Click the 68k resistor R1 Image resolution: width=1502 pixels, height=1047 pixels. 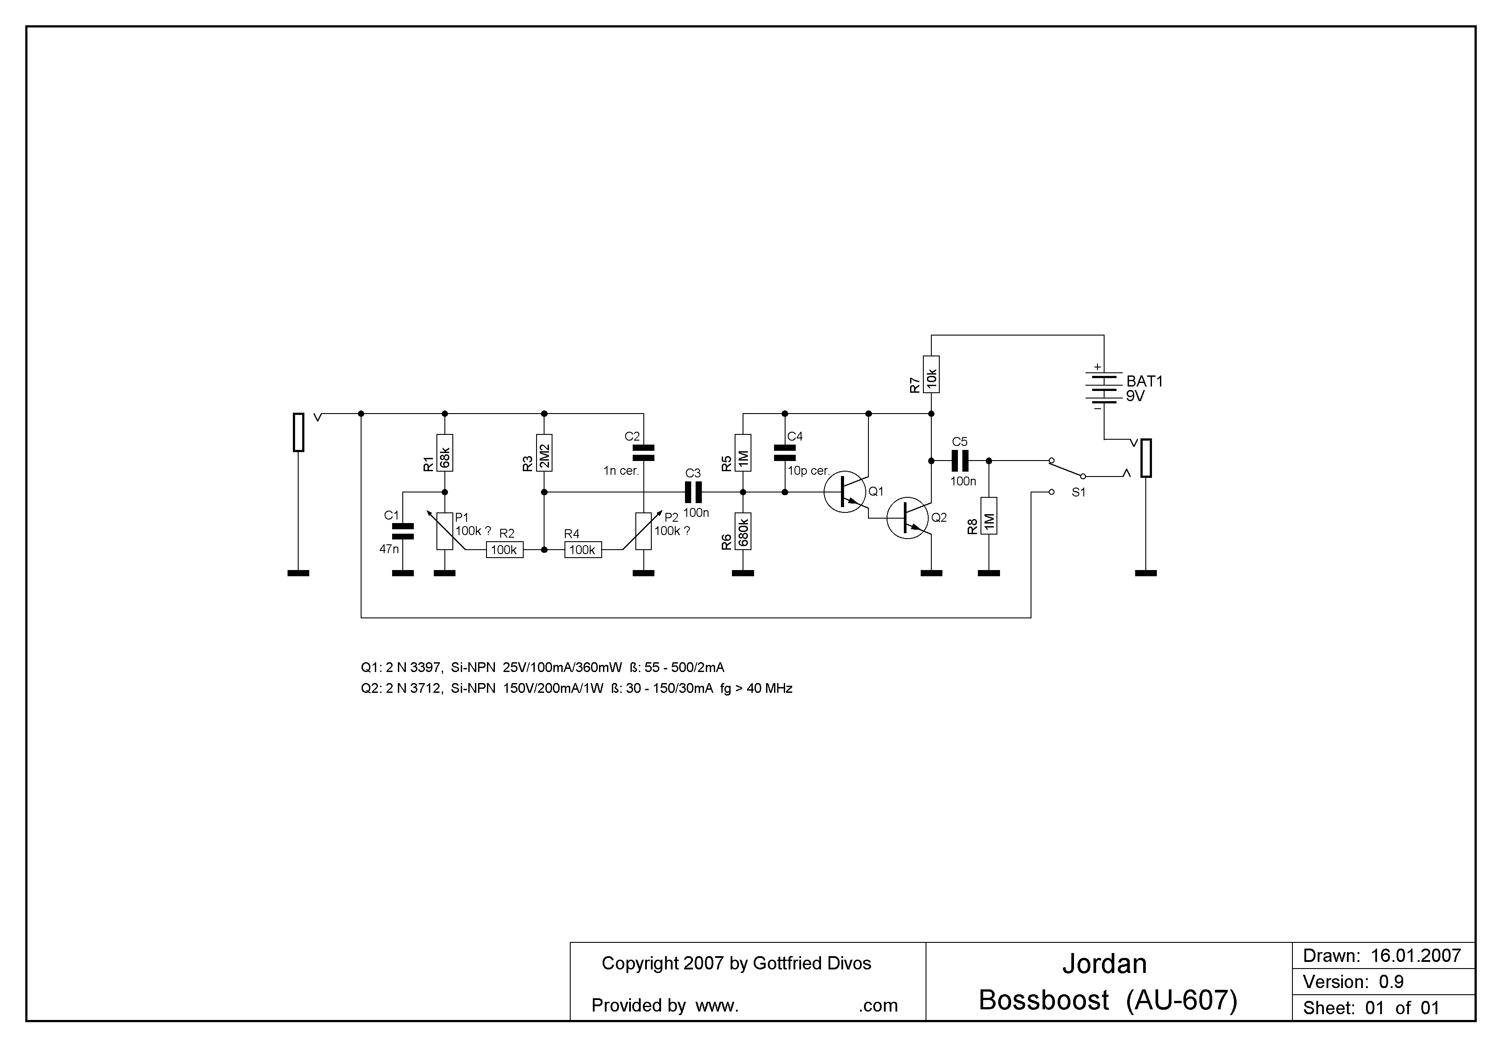[x=445, y=453]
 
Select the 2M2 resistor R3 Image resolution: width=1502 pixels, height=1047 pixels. [x=544, y=453]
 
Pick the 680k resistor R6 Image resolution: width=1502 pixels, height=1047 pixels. [x=743, y=531]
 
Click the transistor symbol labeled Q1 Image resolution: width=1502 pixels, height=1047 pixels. [x=845, y=492]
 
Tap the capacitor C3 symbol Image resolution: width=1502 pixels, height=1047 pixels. [x=693, y=492]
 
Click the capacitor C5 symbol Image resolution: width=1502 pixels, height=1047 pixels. [x=960, y=461]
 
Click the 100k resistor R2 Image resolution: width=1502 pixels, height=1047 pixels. [x=504, y=550]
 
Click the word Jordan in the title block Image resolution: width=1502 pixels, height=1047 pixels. [x=1104, y=964]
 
